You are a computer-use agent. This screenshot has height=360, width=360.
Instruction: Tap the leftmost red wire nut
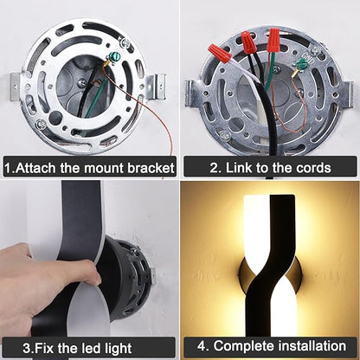(220, 53)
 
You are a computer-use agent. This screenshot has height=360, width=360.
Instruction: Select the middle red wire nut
(248, 42)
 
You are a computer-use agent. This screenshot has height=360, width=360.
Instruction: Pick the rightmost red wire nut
(273, 40)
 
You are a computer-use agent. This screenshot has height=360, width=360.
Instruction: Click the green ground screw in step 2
(302, 63)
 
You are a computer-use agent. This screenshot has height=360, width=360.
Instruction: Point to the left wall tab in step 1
(15, 87)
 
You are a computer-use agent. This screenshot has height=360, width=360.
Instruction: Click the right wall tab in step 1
(156, 87)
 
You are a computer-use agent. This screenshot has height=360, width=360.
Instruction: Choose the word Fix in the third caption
(45, 348)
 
